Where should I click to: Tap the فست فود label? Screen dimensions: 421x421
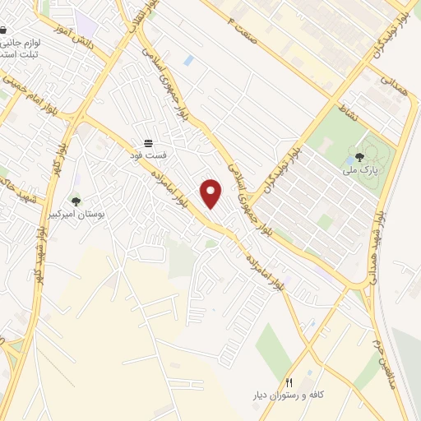151,154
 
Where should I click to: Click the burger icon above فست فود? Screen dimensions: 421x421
148,141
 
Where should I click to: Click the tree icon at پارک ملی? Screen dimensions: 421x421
359,158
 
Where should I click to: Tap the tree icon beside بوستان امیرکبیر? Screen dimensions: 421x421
76,201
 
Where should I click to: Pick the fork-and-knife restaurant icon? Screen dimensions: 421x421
289,383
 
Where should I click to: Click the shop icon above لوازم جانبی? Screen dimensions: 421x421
4,30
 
